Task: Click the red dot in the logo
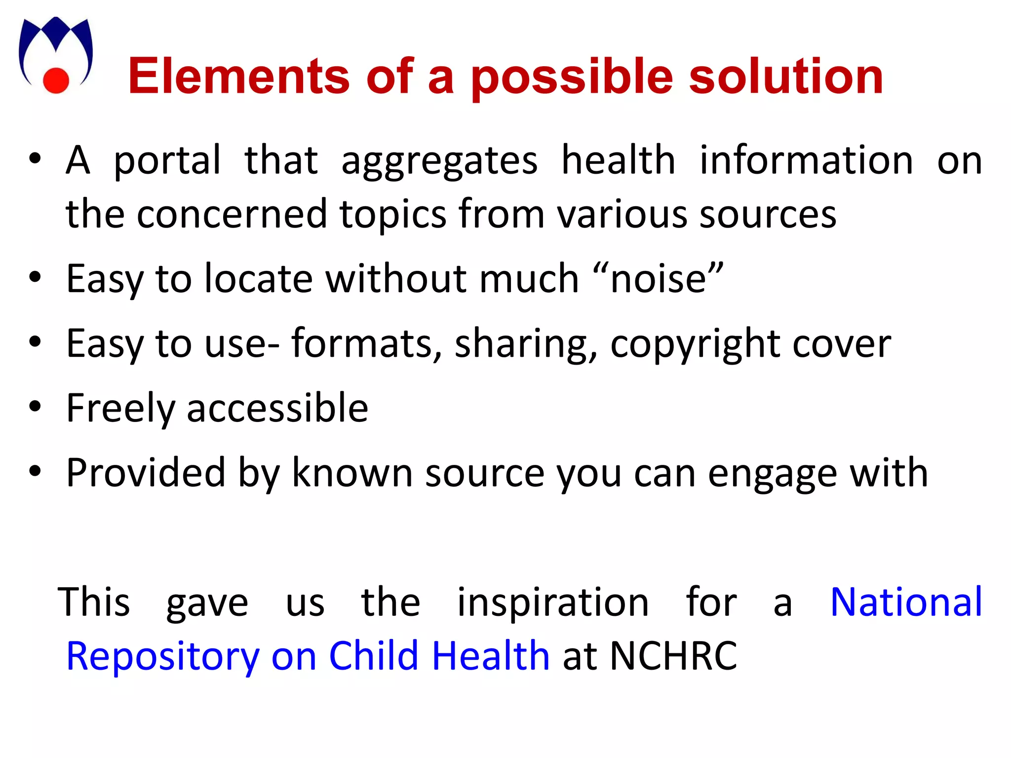point(56,80)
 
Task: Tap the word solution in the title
point(785,76)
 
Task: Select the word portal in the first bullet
point(167,161)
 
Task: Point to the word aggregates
point(439,161)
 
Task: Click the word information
point(806,161)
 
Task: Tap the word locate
point(258,279)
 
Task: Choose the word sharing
point(526,344)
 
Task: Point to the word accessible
point(277,409)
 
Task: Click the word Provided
point(146,473)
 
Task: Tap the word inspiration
point(552,603)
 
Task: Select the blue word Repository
point(162,657)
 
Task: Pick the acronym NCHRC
point(673,656)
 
